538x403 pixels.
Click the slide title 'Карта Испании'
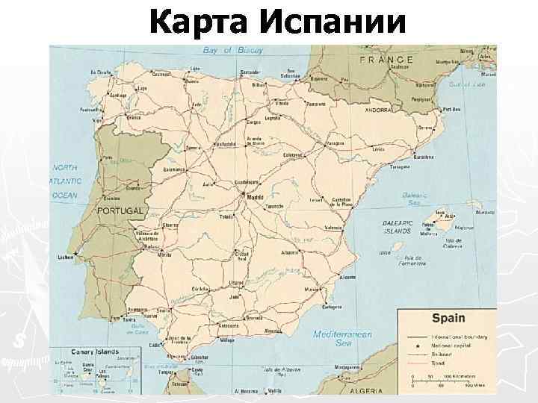(277, 23)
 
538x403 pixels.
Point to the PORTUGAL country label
(120, 212)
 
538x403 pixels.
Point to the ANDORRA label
(378, 110)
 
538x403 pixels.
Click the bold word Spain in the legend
(448, 319)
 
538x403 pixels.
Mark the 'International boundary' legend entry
(458, 337)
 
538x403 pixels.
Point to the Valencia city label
(333, 228)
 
